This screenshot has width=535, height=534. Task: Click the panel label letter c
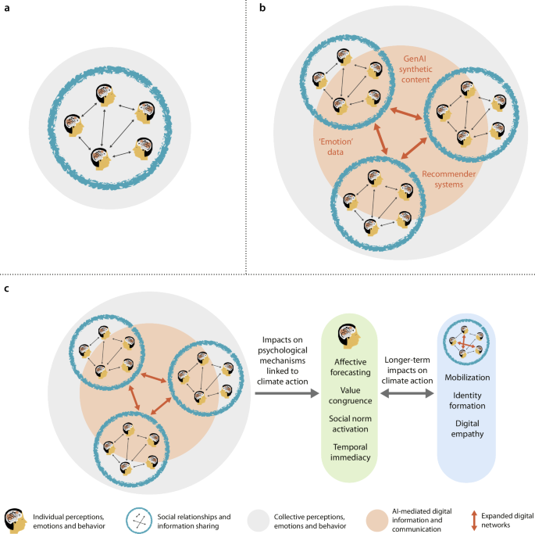coord(6,289)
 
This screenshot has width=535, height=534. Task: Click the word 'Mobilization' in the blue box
coord(465,378)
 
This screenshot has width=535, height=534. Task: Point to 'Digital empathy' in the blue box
coord(465,428)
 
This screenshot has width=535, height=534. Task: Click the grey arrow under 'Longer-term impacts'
coord(406,396)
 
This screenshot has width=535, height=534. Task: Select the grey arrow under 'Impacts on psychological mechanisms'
coord(284,396)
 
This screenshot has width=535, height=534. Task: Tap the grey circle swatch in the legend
coord(258,518)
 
